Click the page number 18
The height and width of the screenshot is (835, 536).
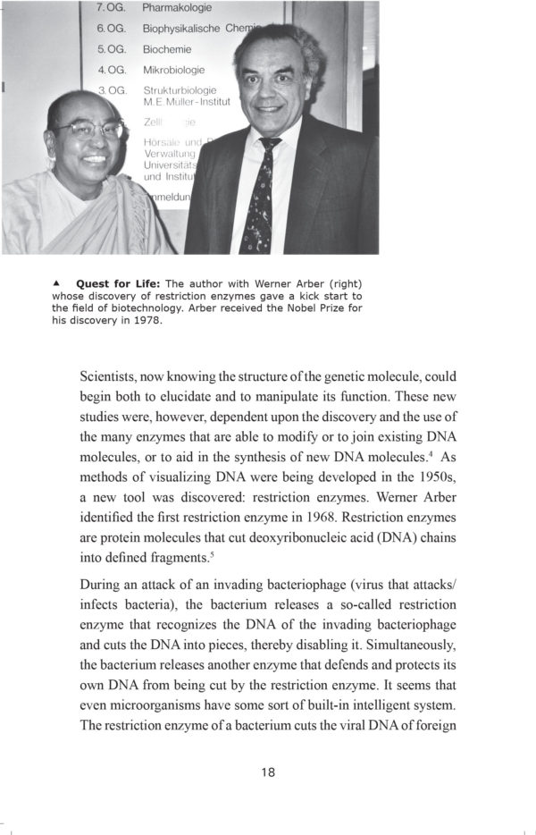click(x=268, y=772)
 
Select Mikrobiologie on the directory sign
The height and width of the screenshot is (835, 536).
click(x=174, y=70)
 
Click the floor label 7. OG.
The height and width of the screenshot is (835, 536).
click(x=112, y=8)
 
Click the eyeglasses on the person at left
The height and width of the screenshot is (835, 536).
click(x=89, y=130)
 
